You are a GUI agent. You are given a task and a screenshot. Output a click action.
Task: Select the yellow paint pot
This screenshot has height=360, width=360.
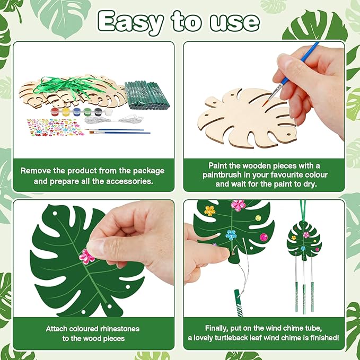pyautogui.click(x=66, y=112)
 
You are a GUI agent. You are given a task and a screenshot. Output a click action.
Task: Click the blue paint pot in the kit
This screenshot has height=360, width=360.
pyautogui.click(x=77, y=112)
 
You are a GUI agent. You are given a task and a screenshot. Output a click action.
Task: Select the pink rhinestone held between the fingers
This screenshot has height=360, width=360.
pyautogui.click(x=86, y=257)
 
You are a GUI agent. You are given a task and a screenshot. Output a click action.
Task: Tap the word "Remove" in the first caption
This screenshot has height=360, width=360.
pyautogui.click(x=36, y=171)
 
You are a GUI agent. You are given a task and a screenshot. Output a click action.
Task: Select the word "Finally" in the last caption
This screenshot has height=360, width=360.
pyautogui.click(x=219, y=328)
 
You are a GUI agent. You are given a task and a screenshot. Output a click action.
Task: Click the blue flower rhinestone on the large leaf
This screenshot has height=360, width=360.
pyautogui.click(x=231, y=234)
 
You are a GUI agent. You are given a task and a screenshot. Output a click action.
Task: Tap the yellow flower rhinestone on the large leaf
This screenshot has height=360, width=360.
pyautogui.click(x=210, y=210)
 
